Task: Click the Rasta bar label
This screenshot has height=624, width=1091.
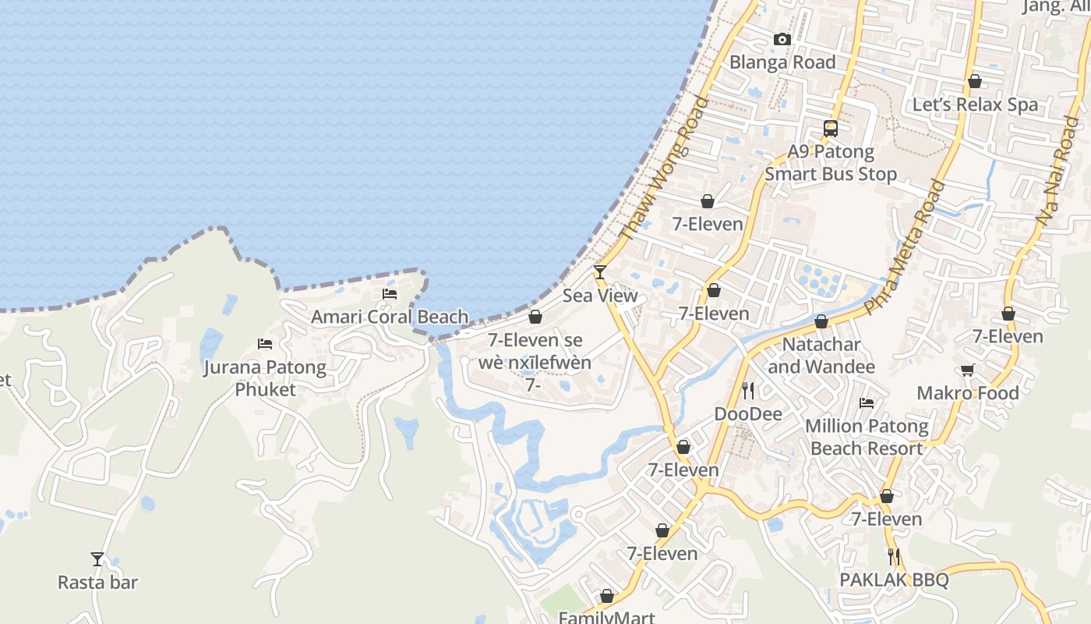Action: click(97, 582)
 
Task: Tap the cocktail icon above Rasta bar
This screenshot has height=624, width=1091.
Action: click(97, 558)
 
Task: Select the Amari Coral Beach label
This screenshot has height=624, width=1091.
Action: click(390, 317)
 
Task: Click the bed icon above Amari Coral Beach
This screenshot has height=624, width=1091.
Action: click(390, 294)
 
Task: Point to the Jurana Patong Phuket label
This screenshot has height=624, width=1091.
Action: click(265, 378)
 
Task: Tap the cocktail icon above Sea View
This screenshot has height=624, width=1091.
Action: click(600, 271)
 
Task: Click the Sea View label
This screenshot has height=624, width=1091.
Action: click(600, 296)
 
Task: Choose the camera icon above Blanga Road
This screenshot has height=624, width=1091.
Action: click(782, 39)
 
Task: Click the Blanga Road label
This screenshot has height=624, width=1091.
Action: click(782, 62)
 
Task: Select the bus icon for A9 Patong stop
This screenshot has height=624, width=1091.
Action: click(831, 129)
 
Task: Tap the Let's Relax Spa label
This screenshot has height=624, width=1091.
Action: click(975, 105)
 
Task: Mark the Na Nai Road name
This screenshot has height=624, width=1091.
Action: click(1058, 172)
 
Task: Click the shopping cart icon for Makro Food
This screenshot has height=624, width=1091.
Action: click(967, 370)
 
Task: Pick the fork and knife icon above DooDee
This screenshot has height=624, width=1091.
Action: click(748, 390)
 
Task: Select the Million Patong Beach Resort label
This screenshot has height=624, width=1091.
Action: click(867, 438)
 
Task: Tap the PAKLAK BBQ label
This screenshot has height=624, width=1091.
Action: click(894, 580)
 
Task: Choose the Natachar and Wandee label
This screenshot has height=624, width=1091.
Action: click(821, 356)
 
